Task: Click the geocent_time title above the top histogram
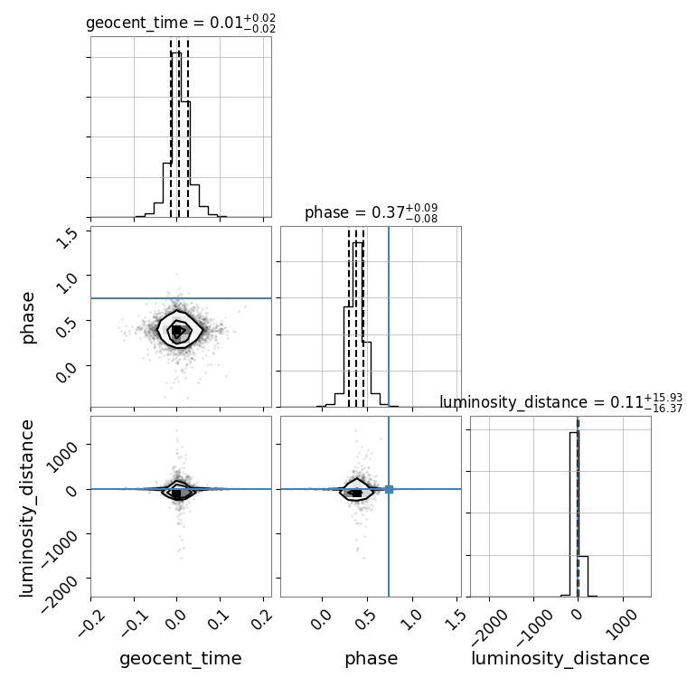click(181, 23)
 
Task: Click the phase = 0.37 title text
click(372, 213)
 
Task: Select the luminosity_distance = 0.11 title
click(560, 402)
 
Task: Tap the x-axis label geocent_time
click(181, 658)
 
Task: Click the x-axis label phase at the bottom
click(372, 658)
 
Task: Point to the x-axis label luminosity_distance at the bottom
click(560, 658)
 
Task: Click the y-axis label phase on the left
click(28, 318)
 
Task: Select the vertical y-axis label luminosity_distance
click(27, 508)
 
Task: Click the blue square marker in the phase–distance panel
click(389, 489)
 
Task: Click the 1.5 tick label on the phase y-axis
click(67, 239)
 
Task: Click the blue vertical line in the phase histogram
click(389, 316)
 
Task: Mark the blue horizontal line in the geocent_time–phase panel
click(181, 298)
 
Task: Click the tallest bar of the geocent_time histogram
click(176, 135)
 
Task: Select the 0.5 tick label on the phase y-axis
click(67, 329)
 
